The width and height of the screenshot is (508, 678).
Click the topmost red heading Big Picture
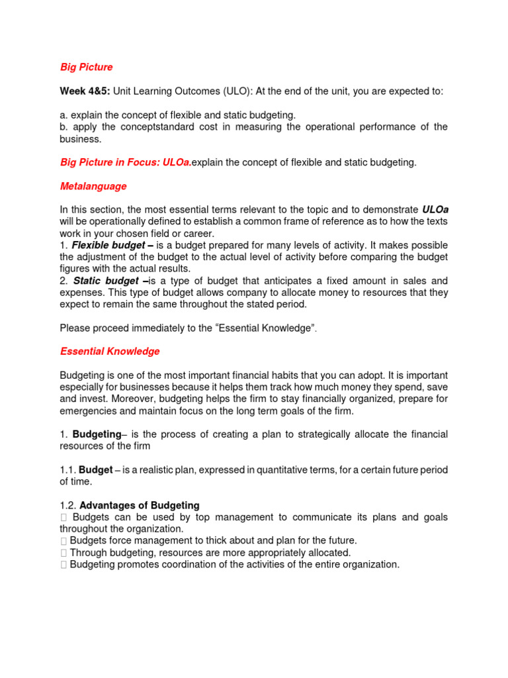86,67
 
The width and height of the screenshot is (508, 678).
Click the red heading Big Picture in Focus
108,162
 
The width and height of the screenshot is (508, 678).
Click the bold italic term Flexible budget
106,245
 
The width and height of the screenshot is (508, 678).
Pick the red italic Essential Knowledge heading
110,352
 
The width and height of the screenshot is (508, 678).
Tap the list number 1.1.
67,469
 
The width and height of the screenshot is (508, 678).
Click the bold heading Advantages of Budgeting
139,505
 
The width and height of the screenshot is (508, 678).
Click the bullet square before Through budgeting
63,552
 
